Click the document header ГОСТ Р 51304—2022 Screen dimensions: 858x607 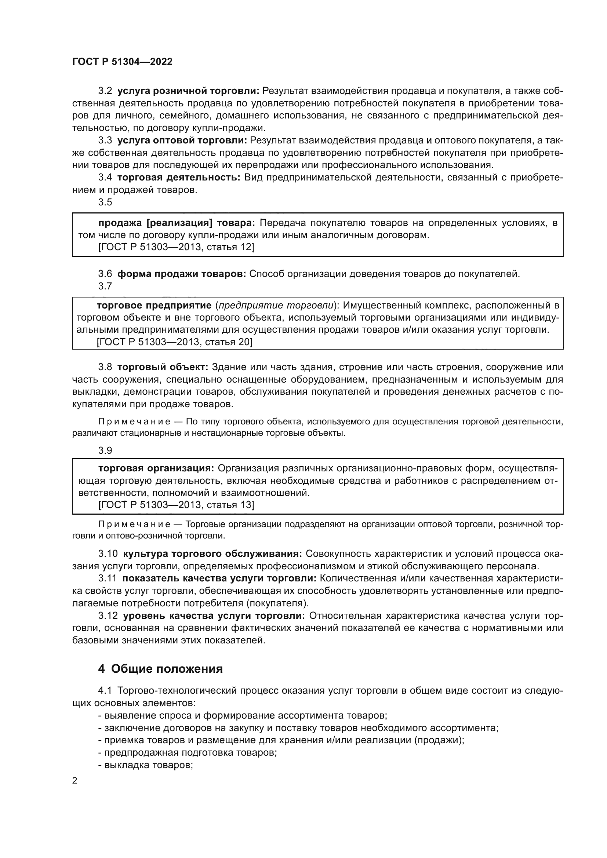(122, 62)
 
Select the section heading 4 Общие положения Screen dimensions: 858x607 (160, 669)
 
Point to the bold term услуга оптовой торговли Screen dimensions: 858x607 (182, 140)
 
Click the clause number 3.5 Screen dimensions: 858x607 (105, 202)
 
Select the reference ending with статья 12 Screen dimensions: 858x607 (176, 247)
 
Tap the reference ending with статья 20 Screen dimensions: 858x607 (175, 342)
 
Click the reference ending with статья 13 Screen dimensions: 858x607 (176, 505)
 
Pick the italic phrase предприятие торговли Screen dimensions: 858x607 (276, 305)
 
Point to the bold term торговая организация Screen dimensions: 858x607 (156, 468)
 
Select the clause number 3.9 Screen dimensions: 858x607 (105, 451)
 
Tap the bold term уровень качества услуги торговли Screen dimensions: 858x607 (214, 616)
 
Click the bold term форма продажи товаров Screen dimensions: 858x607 (182, 274)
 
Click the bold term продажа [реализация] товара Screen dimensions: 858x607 (177, 223)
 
